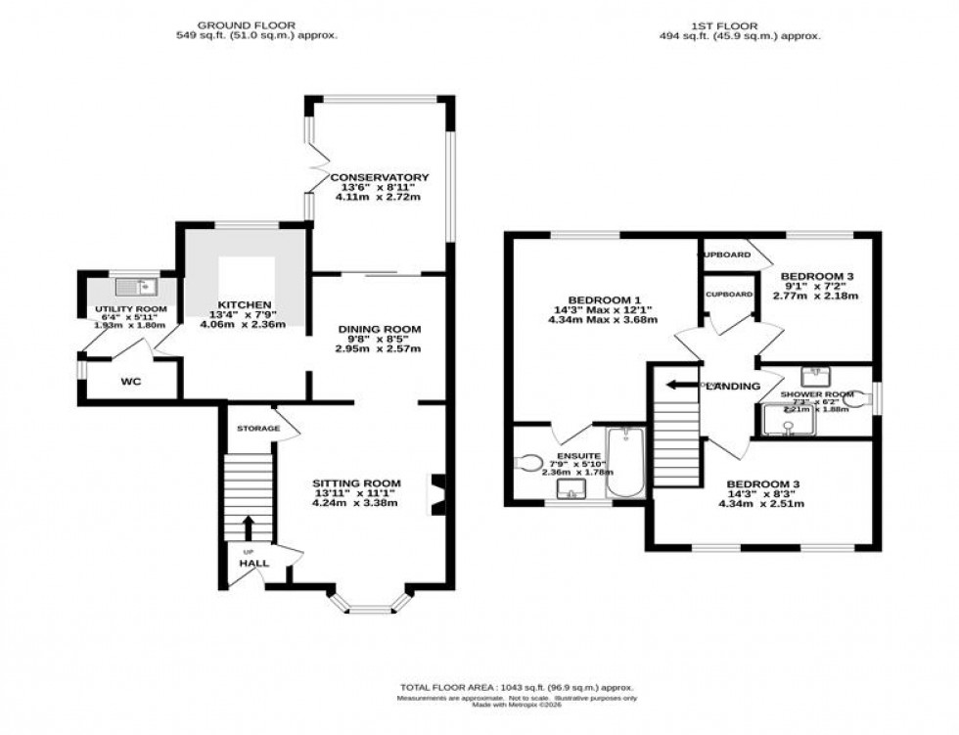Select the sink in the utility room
tap(131, 287)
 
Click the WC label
tap(131, 381)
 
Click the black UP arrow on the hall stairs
tap(247, 528)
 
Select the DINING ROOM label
tap(380, 329)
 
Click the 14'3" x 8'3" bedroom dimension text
tap(762, 494)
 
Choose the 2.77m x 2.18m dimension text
tap(815, 295)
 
